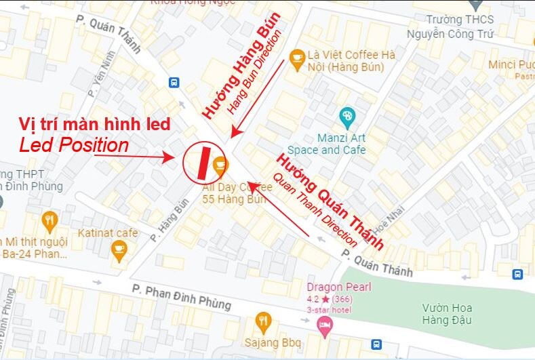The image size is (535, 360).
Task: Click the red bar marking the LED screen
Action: tap(203, 161)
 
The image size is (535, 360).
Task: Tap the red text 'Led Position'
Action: tap(74, 145)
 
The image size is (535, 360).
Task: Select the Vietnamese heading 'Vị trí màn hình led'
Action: tap(94, 124)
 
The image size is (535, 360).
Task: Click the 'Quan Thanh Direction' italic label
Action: tap(315, 209)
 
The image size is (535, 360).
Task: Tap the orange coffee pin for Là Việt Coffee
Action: tap(296, 58)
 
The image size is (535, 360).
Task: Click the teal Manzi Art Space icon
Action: tap(347, 117)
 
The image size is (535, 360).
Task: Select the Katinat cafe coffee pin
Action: tap(119, 249)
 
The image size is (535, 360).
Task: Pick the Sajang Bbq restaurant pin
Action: tap(263, 321)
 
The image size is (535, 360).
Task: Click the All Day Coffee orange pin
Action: tap(220, 165)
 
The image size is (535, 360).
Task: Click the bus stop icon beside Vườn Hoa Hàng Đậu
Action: tap(518, 274)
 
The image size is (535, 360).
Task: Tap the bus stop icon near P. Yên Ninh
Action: tap(174, 83)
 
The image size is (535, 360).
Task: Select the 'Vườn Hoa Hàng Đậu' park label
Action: tap(446, 313)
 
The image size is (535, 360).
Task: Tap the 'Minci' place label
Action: tap(503, 64)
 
